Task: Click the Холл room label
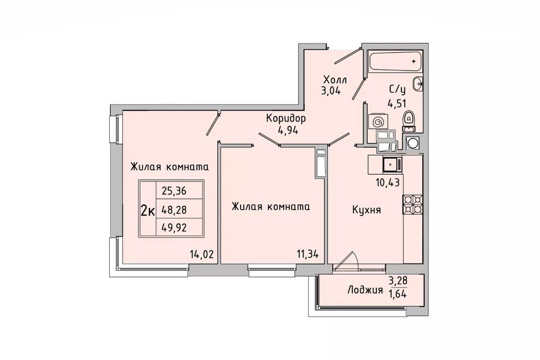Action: point(335,80)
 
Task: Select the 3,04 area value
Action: point(331,92)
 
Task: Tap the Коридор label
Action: point(286,119)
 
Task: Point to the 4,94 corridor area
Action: point(287,130)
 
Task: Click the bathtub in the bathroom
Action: point(394,62)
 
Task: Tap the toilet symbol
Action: point(409,121)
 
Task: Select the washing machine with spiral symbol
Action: point(378,122)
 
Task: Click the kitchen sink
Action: point(392,164)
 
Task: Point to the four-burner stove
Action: point(413,205)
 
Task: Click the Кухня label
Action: point(367,210)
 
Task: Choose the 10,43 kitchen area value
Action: point(388,182)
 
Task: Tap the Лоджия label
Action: point(365,290)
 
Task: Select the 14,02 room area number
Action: point(202,255)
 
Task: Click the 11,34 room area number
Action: point(308,255)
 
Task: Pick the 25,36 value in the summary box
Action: point(174,191)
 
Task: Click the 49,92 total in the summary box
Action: point(174,227)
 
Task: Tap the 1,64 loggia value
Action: point(397,295)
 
